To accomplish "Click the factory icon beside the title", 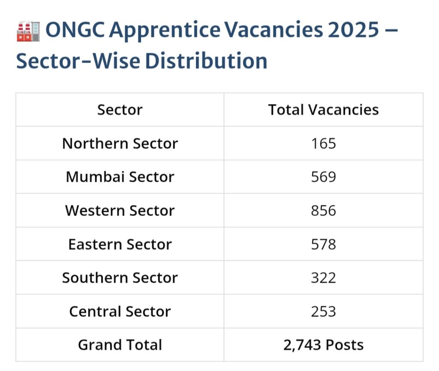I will coord(28,31).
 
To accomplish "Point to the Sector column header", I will coord(120,110).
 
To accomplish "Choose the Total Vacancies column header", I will coord(323,110).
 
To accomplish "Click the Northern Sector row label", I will coord(120,143).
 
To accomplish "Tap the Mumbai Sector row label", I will coord(120,177).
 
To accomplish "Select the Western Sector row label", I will coord(120,211).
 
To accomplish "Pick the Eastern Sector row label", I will coord(120,244).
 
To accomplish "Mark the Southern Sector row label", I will coord(120,277).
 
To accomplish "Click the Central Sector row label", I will coord(120,311).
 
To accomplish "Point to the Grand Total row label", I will coord(120,345).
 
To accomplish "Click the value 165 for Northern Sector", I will coord(323,143).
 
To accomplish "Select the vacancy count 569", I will coord(323,177).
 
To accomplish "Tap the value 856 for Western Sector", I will coord(323,211).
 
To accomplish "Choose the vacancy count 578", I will coord(323,244).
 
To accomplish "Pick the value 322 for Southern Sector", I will coord(323,277).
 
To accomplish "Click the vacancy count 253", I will coord(323,311).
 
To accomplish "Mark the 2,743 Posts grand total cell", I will coord(323,345).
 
